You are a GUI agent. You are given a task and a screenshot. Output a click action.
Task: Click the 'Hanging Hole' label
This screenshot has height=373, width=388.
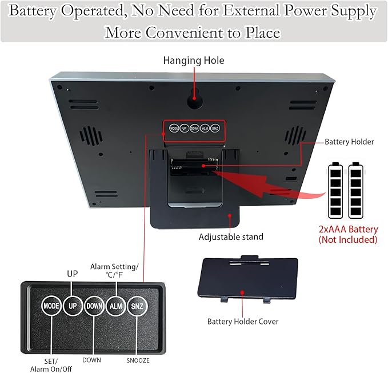(194, 61)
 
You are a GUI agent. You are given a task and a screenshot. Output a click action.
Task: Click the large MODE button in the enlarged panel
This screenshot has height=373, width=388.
(51, 306)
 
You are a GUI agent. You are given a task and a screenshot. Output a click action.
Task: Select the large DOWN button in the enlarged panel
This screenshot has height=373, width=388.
(94, 306)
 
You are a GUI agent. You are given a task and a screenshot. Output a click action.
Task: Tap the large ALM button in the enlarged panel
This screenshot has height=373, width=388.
(116, 306)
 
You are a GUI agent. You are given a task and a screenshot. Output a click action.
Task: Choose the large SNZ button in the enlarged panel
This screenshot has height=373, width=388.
(137, 306)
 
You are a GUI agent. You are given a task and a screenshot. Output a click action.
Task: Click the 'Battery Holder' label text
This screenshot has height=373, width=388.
(349, 142)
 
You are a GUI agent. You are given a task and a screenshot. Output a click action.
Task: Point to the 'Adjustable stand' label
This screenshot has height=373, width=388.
(231, 237)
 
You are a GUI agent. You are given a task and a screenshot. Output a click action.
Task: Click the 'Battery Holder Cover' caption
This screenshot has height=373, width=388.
(243, 321)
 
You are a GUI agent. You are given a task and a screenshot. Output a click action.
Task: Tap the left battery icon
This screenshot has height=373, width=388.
(335, 190)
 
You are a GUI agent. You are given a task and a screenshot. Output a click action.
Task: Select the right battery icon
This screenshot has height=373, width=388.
(355, 190)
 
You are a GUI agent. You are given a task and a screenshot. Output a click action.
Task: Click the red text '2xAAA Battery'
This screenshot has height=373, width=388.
(348, 229)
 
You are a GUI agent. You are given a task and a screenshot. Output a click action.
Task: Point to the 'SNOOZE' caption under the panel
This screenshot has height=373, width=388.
(138, 360)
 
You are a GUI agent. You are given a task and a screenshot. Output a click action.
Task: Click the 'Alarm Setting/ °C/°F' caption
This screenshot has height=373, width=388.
(114, 271)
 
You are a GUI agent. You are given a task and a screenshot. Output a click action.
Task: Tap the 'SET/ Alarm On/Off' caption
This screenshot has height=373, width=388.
(51, 365)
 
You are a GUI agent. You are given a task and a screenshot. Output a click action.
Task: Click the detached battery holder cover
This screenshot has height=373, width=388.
(247, 279)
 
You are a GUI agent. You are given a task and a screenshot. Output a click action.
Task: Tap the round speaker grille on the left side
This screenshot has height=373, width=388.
(91, 136)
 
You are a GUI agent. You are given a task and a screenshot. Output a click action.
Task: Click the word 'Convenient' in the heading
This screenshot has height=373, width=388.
(185, 33)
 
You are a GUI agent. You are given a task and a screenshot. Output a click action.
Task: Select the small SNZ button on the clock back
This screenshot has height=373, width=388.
(215, 128)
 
